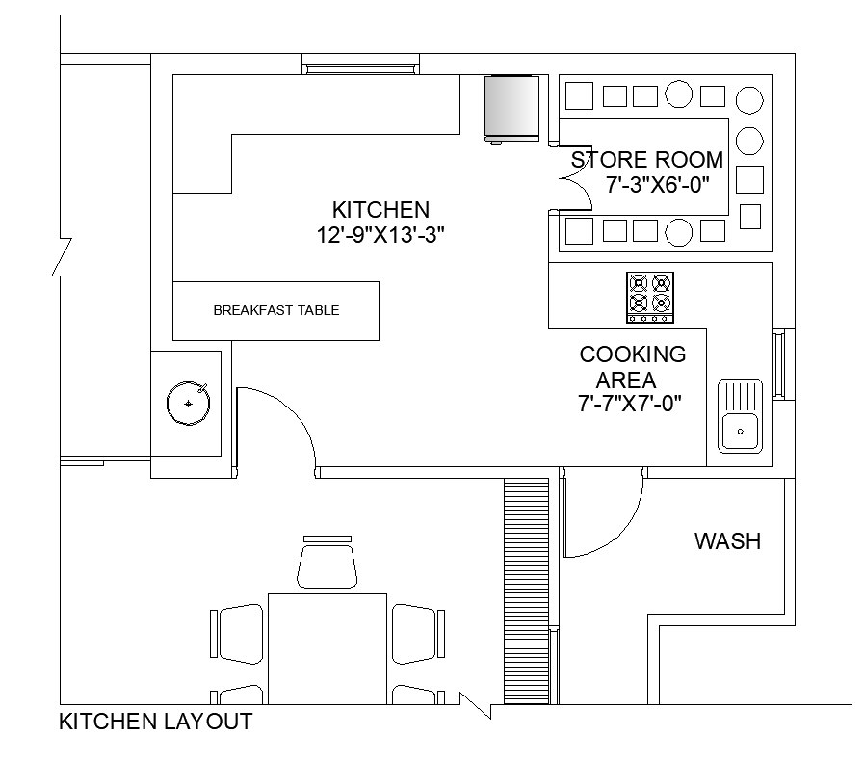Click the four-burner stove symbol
click(650, 297)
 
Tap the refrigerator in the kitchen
click(511, 109)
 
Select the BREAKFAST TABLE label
click(276, 310)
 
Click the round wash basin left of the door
click(189, 403)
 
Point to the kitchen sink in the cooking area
click(740, 416)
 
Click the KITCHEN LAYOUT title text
click(155, 722)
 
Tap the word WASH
click(727, 541)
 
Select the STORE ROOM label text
click(647, 160)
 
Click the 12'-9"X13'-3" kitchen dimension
click(380, 235)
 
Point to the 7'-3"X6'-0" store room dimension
click(657, 185)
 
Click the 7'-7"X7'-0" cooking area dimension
click(630, 404)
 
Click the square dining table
click(327, 648)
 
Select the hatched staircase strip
click(527, 591)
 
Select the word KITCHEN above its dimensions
click(380, 210)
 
